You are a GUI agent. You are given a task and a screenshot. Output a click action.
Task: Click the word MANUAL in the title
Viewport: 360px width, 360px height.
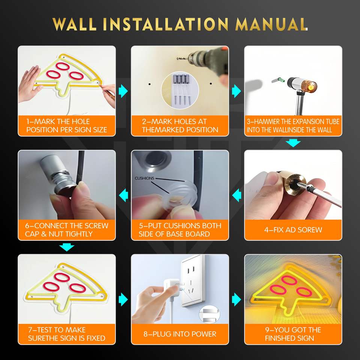(x=271, y=24)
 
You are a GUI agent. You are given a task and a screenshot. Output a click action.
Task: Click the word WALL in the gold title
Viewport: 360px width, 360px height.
(x=74, y=24)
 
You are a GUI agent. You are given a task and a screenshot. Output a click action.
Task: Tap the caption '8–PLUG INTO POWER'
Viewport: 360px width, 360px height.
(x=180, y=334)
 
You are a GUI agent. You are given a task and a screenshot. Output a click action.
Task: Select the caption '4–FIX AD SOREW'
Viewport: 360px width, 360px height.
(x=293, y=230)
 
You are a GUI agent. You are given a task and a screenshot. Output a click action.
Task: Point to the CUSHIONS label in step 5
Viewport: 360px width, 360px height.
(x=144, y=178)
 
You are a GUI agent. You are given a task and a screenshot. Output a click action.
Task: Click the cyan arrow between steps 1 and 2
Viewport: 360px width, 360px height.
(x=123, y=91)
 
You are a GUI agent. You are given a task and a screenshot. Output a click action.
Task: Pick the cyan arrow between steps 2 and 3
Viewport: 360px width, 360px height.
(x=237, y=91)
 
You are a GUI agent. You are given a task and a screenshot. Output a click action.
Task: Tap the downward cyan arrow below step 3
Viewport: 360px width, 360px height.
(x=293, y=143)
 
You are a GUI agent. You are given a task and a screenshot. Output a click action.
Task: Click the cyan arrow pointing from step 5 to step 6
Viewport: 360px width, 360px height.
(x=123, y=195)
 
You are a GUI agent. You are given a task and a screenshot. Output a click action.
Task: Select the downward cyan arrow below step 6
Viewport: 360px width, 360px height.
(x=67, y=247)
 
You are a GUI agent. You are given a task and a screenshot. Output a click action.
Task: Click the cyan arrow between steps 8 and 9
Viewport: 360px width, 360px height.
(x=237, y=299)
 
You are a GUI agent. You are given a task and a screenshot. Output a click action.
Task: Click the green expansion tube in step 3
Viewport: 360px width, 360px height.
(x=280, y=80)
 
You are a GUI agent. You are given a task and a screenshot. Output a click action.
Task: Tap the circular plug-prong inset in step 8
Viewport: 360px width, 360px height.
(x=209, y=314)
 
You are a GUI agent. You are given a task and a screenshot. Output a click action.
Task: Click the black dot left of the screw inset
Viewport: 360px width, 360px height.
(x=150, y=84)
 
